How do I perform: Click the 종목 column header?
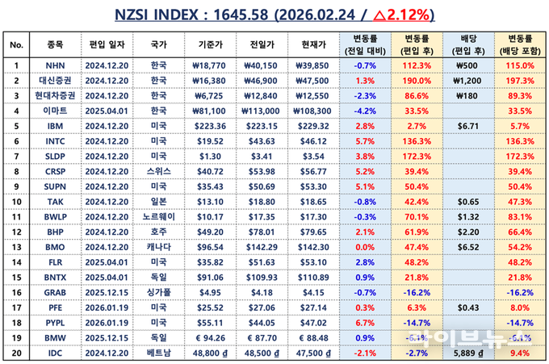click(56, 44)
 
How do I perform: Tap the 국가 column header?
click(161, 44)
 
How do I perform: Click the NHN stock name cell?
click(56, 65)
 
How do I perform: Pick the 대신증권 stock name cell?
click(56, 80)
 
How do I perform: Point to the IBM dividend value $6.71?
click(468, 127)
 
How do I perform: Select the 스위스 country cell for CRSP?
click(161, 173)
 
